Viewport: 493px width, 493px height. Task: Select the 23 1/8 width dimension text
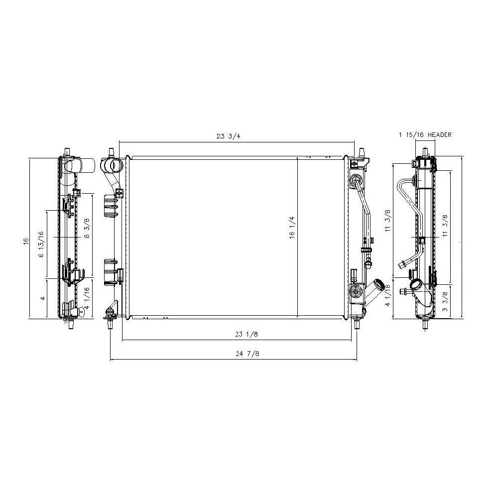click(246, 334)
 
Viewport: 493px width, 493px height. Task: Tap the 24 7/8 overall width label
click(247, 354)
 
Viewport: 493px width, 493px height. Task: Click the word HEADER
click(439, 134)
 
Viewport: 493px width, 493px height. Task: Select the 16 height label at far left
click(26, 241)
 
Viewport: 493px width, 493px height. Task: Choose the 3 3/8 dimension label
click(445, 301)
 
